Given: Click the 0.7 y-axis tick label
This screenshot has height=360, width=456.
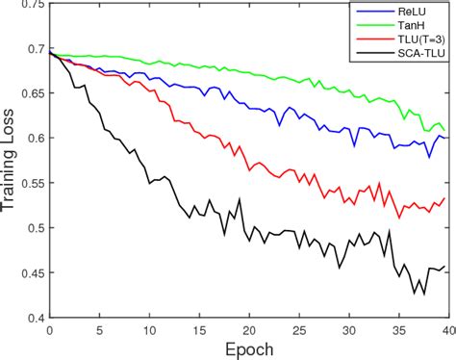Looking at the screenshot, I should tap(35, 48).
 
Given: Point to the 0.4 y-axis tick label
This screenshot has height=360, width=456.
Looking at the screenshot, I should tap(35, 318).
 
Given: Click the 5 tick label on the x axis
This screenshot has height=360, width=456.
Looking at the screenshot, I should tap(98, 330).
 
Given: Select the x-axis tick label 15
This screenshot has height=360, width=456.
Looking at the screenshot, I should tap(197, 330).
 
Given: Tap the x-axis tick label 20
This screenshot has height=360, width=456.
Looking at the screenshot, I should tap(247, 330).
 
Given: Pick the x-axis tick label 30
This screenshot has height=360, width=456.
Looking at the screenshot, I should tap(346, 330).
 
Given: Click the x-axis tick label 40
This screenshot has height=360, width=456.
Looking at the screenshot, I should tap(444, 330).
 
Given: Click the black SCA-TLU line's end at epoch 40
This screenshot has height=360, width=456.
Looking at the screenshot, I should tap(444, 266).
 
